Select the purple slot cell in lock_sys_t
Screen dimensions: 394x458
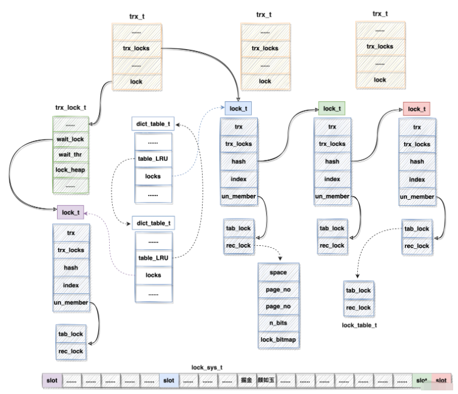tap(50, 381)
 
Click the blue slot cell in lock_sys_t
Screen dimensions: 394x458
tap(169, 381)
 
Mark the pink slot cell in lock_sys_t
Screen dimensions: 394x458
tap(440, 381)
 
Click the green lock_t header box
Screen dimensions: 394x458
tap(331, 109)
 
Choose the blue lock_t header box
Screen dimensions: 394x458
tap(238, 109)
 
